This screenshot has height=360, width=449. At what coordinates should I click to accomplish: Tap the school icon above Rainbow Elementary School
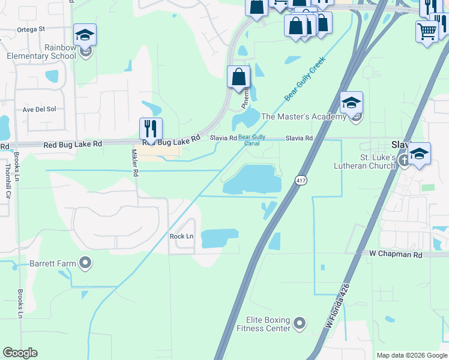(x=85, y=35)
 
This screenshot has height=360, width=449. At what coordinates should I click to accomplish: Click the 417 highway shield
(x=301, y=180)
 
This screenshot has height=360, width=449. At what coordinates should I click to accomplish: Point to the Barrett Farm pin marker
(x=85, y=263)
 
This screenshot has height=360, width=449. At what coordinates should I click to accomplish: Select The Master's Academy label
(x=304, y=117)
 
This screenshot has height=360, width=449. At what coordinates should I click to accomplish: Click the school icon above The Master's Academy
(x=351, y=103)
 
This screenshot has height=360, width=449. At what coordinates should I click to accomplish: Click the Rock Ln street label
(x=181, y=236)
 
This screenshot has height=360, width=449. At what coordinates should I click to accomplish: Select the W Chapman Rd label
(x=396, y=254)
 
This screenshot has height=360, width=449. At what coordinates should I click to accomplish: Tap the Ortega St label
(x=31, y=29)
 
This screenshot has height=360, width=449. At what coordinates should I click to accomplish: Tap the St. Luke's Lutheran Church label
(x=366, y=161)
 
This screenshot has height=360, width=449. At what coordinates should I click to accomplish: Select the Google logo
(x=20, y=353)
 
